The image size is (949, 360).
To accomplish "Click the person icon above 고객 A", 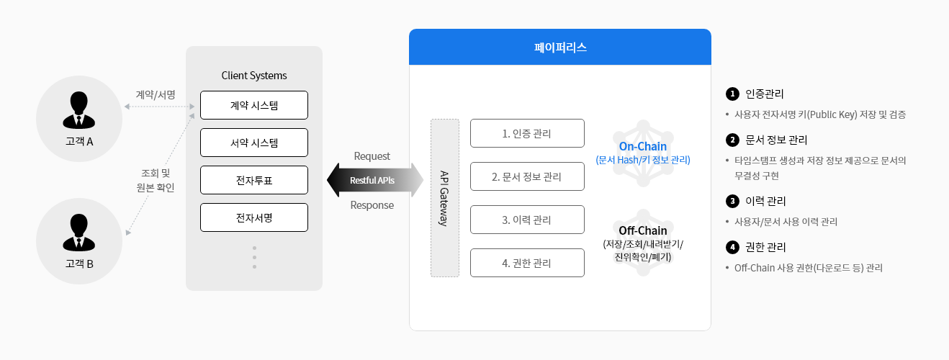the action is point(78,110).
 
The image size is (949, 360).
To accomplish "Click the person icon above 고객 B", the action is point(78,233).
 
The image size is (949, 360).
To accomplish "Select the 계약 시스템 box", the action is point(254,105).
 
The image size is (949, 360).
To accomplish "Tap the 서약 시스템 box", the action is point(254,143).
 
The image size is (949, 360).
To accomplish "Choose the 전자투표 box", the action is point(254,180).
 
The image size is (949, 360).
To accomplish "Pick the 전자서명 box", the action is point(254,217).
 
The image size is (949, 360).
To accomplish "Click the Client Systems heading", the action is point(254,76).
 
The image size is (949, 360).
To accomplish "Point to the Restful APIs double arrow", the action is point(375,180).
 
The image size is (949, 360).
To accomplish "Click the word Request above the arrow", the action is point(372,156).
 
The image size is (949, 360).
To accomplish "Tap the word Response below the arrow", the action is point(372,205).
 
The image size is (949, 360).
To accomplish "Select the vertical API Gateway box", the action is point(445,198).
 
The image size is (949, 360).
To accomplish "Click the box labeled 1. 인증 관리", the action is point(527,133).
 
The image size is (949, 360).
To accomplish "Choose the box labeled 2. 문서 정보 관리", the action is point(527,176).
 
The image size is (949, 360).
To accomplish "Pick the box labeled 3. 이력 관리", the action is point(527,220).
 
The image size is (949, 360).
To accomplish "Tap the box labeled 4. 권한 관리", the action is point(527,263).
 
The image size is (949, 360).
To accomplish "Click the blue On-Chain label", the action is point(643,146).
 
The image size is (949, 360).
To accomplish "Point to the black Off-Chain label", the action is point(643,230).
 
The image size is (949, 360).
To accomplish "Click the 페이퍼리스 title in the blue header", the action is point(560,47).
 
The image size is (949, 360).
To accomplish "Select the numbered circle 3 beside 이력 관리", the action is point(732,201).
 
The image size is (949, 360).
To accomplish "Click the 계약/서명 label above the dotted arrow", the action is point(156,94).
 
